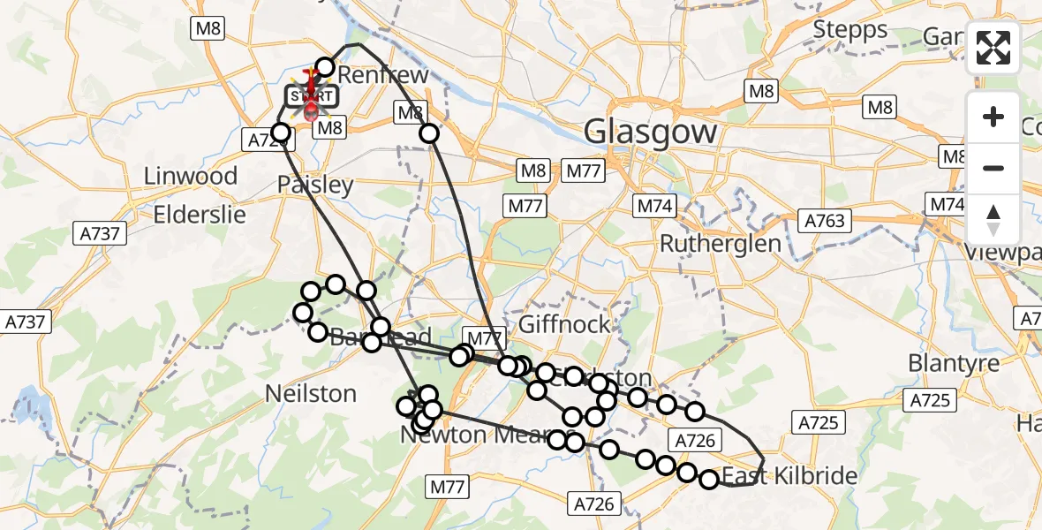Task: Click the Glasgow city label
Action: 650,133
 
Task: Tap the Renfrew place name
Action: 382,74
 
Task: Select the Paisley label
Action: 315,185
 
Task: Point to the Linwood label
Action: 192,176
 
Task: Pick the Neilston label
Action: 311,393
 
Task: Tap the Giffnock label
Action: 565,324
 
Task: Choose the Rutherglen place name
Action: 721,244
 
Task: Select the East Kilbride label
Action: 789,477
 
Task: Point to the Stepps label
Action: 849,30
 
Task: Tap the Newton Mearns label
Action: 468,435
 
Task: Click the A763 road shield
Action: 825,221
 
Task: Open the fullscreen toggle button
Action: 993,48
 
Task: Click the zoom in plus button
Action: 993,117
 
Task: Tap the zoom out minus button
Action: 993,168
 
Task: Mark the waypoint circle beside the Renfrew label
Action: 325,67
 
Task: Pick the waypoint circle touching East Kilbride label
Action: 709,480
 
